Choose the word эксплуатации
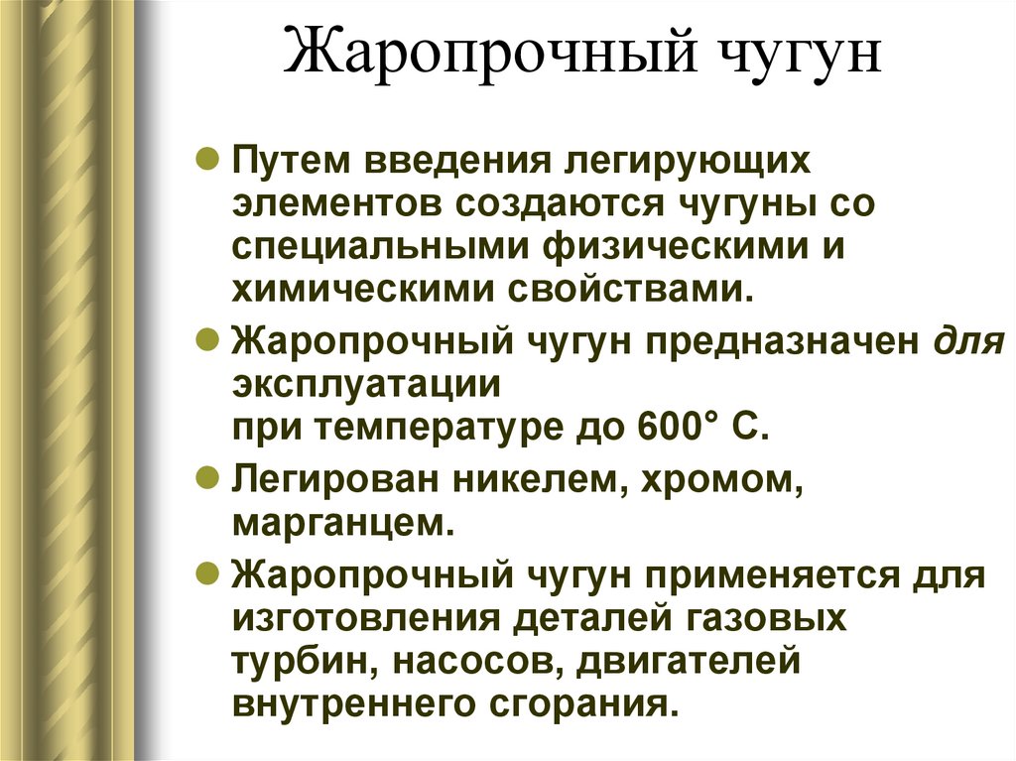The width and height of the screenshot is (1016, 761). pyautogui.click(x=365, y=384)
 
